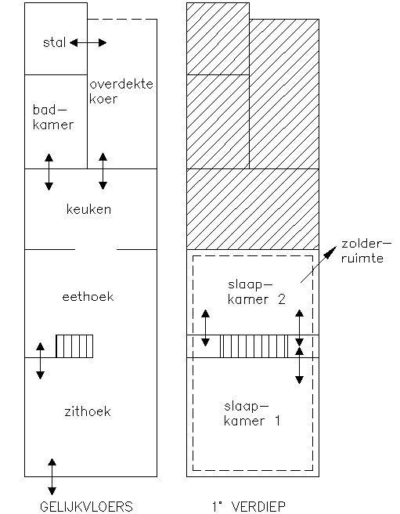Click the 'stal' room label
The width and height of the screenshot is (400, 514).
[x=54, y=42]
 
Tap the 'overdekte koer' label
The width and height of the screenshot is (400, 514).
[x=121, y=92]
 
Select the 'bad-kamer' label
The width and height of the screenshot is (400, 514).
[x=53, y=117]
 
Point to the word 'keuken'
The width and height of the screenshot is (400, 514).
[x=88, y=209]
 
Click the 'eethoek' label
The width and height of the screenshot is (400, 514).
[x=88, y=297]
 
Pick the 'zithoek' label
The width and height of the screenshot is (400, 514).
[x=88, y=411]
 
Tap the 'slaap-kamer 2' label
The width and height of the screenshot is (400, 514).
[x=257, y=292]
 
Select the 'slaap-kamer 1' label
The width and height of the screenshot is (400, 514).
[x=252, y=414]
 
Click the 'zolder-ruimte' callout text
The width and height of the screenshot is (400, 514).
[x=366, y=251]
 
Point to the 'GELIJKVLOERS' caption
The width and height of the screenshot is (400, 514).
[x=86, y=507]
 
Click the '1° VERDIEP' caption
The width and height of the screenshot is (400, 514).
[x=249, y=507]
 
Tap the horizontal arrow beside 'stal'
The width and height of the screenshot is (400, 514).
[x=88, y=42]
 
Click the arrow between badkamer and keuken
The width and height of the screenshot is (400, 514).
[x=49, y=172]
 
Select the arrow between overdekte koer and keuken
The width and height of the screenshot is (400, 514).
[x=103, y=171]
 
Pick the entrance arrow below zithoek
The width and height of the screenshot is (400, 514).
[x=52, y=476]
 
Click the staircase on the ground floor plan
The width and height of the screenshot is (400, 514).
[x=74, y=346]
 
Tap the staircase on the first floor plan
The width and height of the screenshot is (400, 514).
[x=254, y=346]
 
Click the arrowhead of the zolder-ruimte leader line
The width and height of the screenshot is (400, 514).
[x=330, y=253]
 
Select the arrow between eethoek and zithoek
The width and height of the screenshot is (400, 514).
[x=40, y=361]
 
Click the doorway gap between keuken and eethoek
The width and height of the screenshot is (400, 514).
[x=95, y=249]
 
